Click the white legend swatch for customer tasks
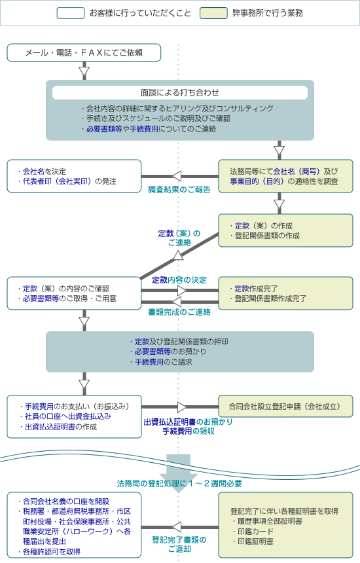(x=71, y=13)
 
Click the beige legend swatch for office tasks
(x=213, y=13)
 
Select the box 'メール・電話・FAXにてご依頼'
(x=84, y=53)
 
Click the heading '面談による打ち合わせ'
(x=180, y=93)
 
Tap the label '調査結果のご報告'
(x=179, y=190)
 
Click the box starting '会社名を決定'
(x=75, y=176)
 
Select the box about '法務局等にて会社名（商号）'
(x=285, y=176)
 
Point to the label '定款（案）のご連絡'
(x=179, y=238)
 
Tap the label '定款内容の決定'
(x=179, y=280)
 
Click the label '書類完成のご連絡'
(x=179, y=312)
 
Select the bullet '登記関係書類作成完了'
(x=268, y=299)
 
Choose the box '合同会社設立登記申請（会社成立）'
(x=285, y=407)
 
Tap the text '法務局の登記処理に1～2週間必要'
(x=179, y=484)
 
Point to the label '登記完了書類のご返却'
(x=179, y=544)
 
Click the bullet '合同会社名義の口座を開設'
(x=63, y=501)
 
